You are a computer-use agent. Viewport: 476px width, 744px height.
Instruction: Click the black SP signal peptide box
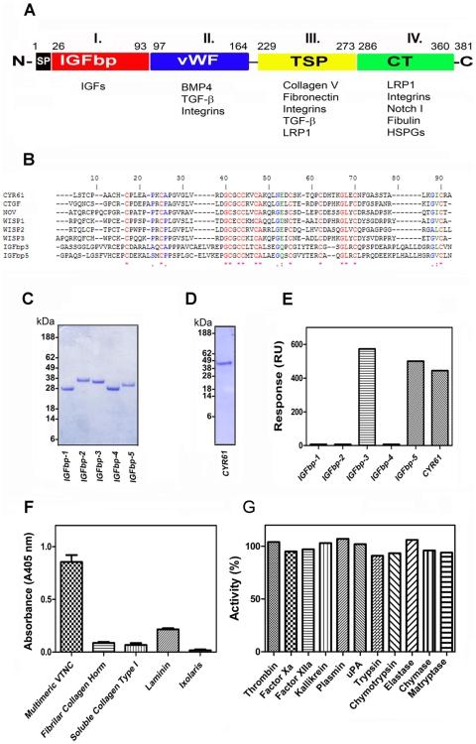tap(44, 61)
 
